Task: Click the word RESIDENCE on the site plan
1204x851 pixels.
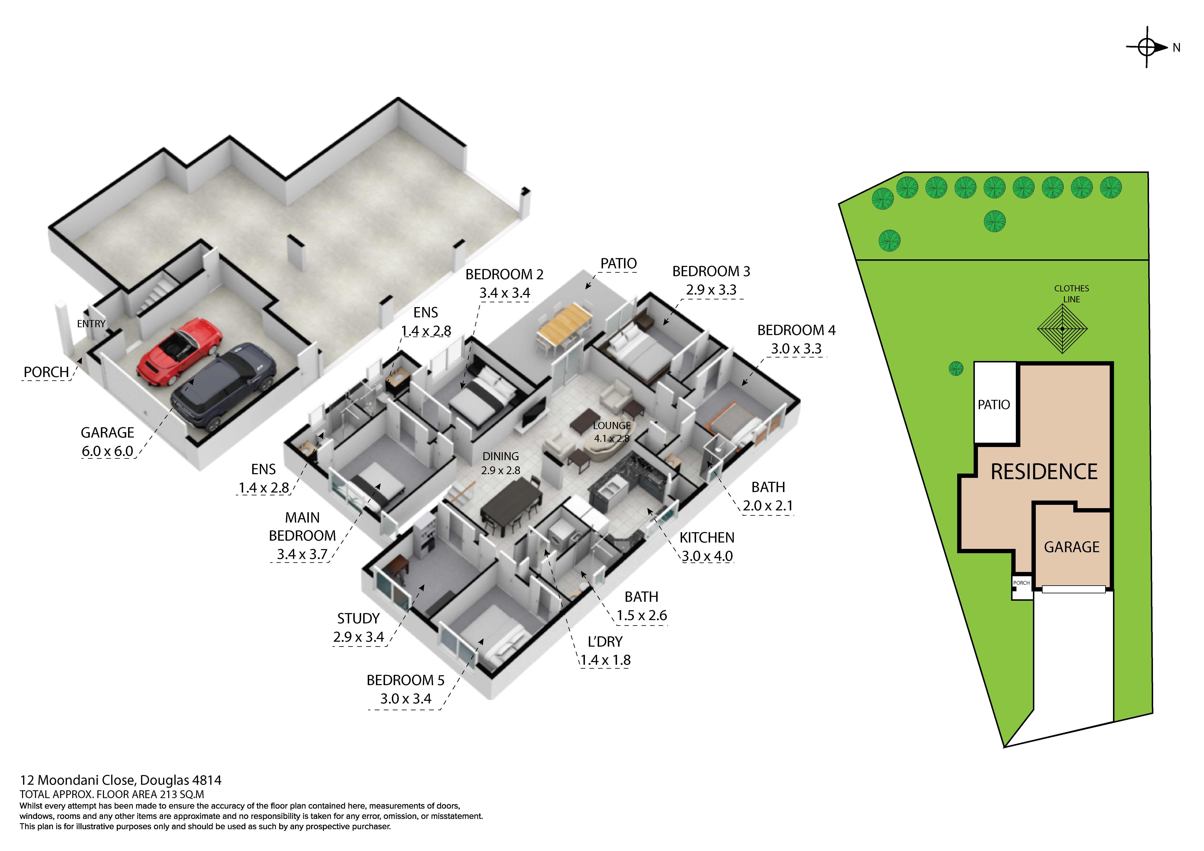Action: tap(1044, 472)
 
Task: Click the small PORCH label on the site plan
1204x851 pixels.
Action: tap(1021, 583)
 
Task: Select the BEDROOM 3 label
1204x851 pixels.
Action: tap(711, 272)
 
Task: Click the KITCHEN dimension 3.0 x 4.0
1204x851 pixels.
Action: tap(707, 556)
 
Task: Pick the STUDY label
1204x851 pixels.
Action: tap(358, 619)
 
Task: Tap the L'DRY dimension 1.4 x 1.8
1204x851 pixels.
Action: tap(605, 660)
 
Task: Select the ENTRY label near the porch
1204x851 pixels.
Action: tap(91, 324)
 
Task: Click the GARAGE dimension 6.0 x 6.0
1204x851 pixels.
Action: tap(107, 451)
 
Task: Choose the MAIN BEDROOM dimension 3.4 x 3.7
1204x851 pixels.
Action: tap(302, 554)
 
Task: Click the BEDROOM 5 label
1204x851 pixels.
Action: tap(405, 680)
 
